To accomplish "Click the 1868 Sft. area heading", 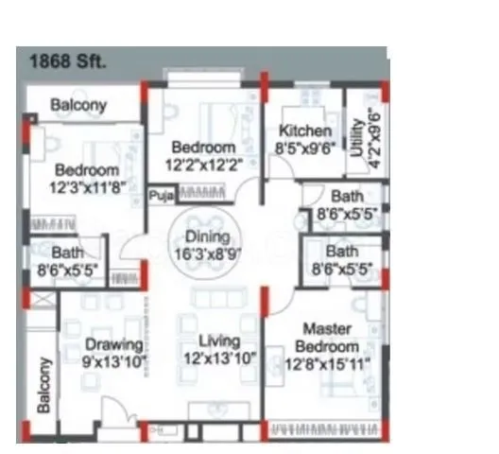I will [69, 61].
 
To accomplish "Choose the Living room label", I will [218, 341].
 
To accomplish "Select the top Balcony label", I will [78, 105].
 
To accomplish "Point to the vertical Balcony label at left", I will [44, 385].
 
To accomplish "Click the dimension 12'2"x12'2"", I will [202, 164].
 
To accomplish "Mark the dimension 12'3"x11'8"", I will [86, 186].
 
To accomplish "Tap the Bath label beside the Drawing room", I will [68, 253].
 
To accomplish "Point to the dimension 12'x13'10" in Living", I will [219, 358].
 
